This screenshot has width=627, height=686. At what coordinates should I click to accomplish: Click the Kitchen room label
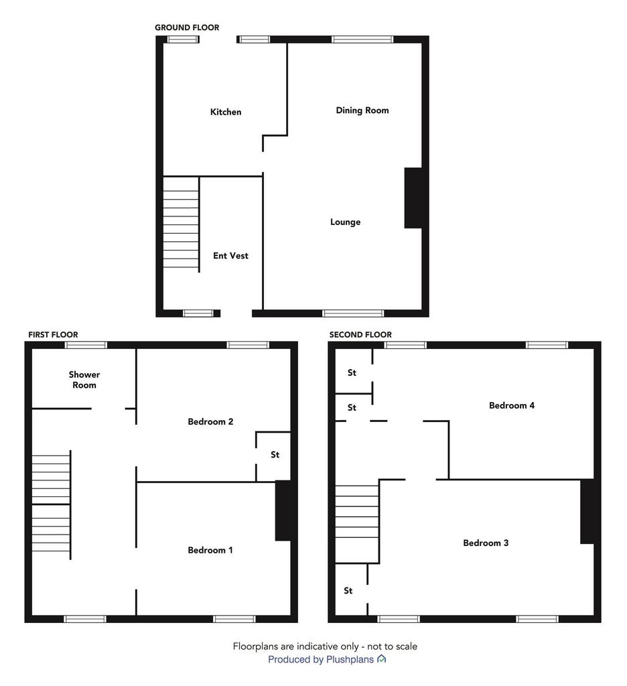tap(226, 112)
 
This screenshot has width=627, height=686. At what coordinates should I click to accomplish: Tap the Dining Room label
tap(362, 111)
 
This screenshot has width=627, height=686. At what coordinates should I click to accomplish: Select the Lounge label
tap(345, 222)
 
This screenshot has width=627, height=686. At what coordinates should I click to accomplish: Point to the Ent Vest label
tap(230, 255)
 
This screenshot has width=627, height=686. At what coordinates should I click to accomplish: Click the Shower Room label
tap(84, 380)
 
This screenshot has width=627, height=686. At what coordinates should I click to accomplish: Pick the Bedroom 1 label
tap(210, 550)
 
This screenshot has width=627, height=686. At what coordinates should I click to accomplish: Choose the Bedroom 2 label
tap(210, 421)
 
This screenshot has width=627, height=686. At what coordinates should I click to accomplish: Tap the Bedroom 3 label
tap(486, 543)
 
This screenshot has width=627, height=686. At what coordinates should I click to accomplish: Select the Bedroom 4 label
tap(512, 405)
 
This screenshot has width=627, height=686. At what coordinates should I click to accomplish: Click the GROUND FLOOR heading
tap(187, 27)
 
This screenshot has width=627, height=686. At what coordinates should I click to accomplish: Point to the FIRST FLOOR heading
tap(53, 335)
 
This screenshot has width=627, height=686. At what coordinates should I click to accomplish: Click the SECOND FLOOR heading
tap(360, 335)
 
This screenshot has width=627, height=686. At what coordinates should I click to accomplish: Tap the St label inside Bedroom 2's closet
tap(275, 455)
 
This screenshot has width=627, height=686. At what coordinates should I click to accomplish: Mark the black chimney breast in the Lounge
tap(413, 198)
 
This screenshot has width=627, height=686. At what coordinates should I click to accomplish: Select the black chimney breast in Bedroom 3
tap(587, 511)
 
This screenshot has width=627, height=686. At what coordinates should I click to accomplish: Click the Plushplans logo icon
tap(382, 659)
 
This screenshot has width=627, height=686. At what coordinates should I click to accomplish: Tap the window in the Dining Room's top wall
tap(362, 40)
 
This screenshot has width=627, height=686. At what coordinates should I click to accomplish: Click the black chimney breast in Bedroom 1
tap(283, 510)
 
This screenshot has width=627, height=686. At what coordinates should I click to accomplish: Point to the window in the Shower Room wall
tap(86, 345)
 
